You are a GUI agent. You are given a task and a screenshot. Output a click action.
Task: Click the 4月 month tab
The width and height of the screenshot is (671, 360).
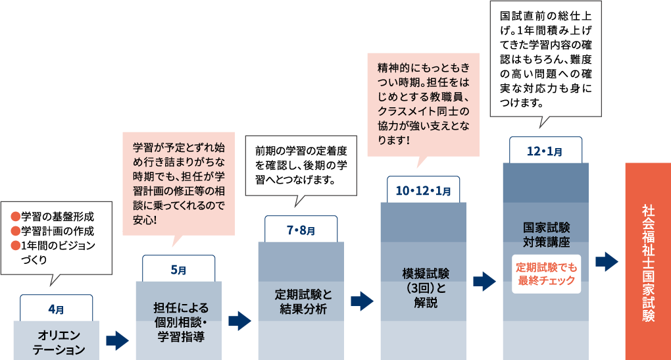pyautogui.click(x=56, y=308)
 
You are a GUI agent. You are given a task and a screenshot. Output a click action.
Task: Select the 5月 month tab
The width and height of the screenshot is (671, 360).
pyautogui.click(x=178, y=269)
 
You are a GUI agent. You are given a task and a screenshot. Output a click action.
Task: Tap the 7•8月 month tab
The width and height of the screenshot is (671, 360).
pyautogui.click(x=301, y=230)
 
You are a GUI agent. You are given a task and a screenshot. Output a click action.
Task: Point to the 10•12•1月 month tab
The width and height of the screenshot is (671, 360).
pyautogui.click(x=423, y=191)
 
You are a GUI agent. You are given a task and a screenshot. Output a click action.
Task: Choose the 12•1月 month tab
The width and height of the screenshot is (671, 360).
pyautogui.click(x=545, y=151)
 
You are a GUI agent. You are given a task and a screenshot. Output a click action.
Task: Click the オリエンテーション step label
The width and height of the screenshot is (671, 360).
pyautogui.click(x=56, y=342)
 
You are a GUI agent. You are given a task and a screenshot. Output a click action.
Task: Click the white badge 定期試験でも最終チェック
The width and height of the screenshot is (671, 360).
pyautogui.click(x=545, y=273)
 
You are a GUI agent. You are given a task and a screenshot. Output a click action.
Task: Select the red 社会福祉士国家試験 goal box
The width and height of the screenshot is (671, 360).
pyautogui.click(x=647, y=261)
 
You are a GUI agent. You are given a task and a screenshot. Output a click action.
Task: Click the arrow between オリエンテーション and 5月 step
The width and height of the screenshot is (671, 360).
pyautogui.click(x=117, y=340)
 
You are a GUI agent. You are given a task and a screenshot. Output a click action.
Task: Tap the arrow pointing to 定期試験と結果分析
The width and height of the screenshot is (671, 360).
pyautogui.click(x=239, y=321)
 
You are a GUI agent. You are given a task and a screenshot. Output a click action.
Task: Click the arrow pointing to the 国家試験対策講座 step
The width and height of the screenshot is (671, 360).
pyautogui.click(x=484, y=281)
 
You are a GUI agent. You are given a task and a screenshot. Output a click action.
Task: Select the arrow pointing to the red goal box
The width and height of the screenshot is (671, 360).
pyautogui.click(x=607, y=261)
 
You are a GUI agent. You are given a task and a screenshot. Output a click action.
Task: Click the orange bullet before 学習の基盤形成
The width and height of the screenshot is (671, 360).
pyautogui.click(x=15, y=217)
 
